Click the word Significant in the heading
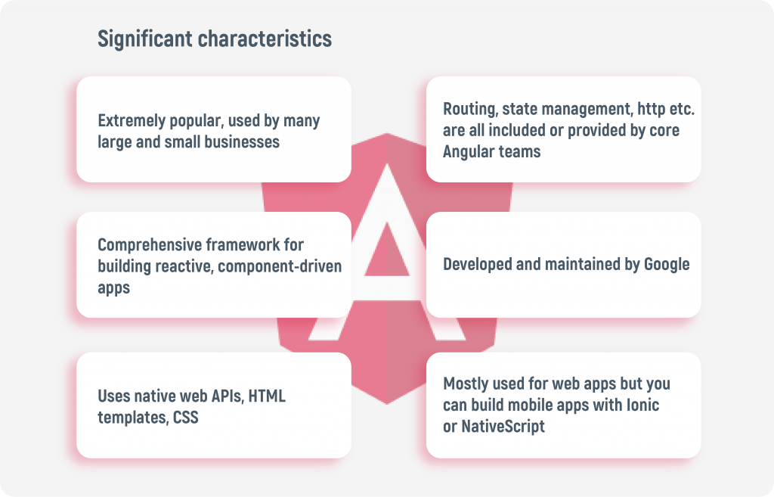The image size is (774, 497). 145,39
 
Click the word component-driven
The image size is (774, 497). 280,266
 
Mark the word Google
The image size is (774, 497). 667,264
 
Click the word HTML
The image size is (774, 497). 267,396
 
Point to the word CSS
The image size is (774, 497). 186,418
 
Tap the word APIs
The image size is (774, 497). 228,396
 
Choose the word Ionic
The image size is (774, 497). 642,405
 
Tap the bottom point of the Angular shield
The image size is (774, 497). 387,404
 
